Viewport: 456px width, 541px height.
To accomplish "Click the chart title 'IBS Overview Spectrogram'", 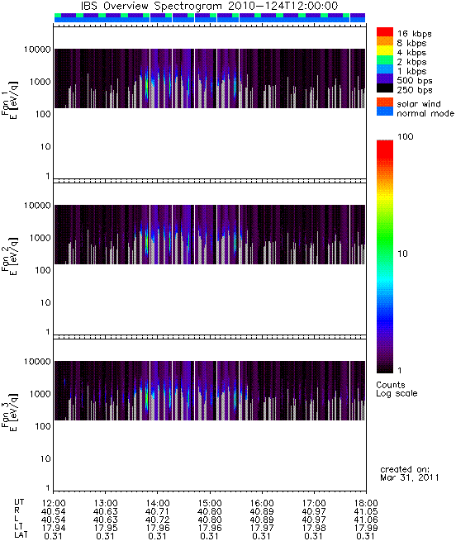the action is click(151, 7).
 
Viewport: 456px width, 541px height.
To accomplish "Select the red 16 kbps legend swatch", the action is click(385, 32).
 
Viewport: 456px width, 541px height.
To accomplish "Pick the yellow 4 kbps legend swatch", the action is click(385, 50).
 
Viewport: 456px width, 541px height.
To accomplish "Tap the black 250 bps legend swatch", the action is click(385, 88).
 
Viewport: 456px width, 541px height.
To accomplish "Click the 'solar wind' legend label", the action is click(419, 104).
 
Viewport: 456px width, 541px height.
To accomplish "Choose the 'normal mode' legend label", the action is click(425, 113).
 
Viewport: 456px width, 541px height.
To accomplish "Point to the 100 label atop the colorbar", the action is click(406, 136).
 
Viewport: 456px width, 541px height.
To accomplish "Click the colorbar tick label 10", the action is click(403, 254).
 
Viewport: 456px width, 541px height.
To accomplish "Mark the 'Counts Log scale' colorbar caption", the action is click(397, 389).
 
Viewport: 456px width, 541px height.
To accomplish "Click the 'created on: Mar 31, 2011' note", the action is click(410, 473).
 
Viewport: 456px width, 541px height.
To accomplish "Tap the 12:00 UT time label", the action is click(54, 503).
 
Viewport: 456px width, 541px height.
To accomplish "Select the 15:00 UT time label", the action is click(210, 503).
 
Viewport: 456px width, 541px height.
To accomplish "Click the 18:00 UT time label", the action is click(366, 503).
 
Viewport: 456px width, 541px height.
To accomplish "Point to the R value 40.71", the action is click(158, 511).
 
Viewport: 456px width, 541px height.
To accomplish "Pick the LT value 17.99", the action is click(366, 528).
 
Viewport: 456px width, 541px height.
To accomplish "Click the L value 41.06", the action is click(366, 520).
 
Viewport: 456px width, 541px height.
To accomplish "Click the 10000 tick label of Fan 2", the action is click(38, 206).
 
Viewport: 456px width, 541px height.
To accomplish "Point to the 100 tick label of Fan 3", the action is click(43, 426).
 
